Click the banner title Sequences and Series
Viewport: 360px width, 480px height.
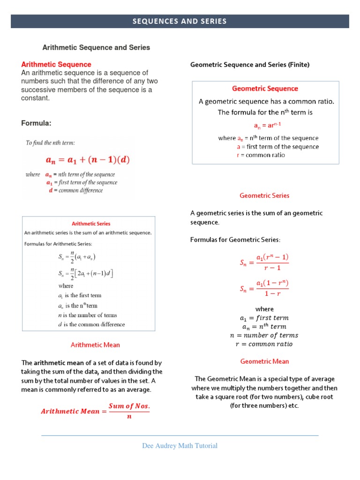180,21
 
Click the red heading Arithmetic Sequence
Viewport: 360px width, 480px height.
56,64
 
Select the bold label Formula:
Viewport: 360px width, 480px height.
36,123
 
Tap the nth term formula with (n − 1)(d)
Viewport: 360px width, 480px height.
88,160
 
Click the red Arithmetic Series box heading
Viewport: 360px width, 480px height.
91,224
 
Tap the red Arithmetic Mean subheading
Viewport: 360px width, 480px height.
95,345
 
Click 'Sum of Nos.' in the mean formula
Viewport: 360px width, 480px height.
129,405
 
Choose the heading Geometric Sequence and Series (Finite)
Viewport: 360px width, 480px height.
250,65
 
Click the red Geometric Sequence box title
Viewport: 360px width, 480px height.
265,88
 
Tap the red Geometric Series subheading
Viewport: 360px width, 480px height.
264,195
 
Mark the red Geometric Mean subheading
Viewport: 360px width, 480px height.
264,361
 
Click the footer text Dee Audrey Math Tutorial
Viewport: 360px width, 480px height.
180,446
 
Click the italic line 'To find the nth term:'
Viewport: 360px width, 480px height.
50,142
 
